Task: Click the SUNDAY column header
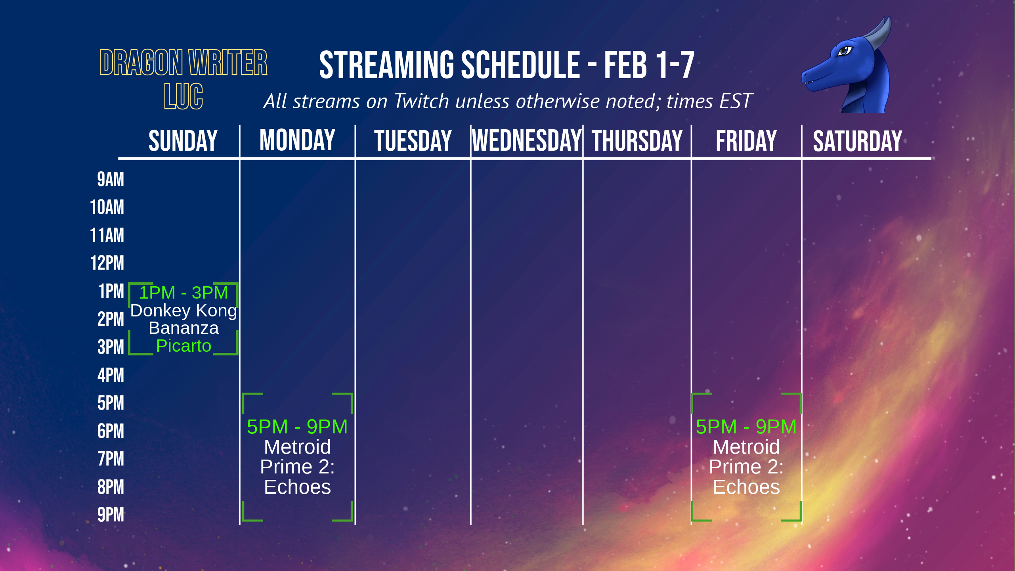(x=183, y=141)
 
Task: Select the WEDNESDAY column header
(x=527, y=141)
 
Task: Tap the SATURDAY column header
(x=857, y=141)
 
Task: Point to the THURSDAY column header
(x=637, y=141)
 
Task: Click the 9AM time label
(x=111, y=179)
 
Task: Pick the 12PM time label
(x=107, y=263)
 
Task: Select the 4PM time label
(x=111, y=375)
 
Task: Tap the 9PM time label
(x=111, y=515)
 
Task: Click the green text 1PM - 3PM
(x=184, y=293)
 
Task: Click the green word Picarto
(x=184, y=346)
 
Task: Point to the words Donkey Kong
(x=184, y=310)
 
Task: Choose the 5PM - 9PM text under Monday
(x=297, y=427)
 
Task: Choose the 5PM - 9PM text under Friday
(x=746, y=427)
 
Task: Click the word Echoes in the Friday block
(x=746, y=487)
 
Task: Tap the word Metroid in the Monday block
(x=297, y=447)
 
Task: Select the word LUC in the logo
(x=184, y=96)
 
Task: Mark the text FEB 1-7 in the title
(x=649, y=65)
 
